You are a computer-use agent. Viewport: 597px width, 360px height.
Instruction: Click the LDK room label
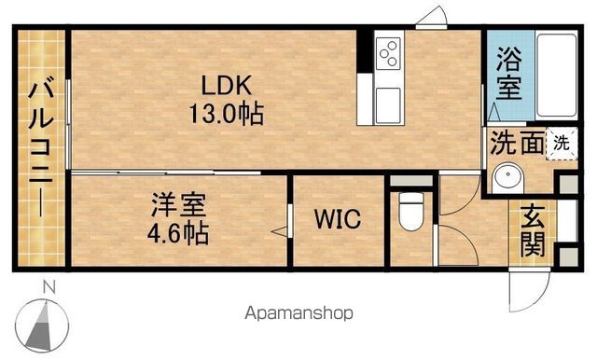coord(226,86)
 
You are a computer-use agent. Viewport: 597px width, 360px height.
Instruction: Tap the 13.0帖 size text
coord(226,113)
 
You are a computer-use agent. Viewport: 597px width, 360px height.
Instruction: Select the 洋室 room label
coord(178,205)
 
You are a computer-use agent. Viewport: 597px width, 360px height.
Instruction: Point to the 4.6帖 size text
coord(178,233)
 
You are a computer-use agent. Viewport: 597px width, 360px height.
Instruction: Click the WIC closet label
coord(338,218)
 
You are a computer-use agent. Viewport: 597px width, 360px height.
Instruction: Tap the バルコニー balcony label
coord(41,148)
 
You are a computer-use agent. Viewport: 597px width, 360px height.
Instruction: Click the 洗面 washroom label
coord(517,143)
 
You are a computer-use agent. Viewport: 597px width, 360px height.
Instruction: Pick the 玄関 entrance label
coord(533,230)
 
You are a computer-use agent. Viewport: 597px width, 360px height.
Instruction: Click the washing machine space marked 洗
coord(562,143)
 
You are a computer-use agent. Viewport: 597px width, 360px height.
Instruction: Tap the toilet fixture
coord(411,211)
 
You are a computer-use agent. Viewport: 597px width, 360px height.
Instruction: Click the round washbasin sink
coord(507,178)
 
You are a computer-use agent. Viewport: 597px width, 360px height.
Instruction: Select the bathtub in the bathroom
coord(556,76)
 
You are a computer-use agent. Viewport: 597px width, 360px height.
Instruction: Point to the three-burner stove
coord(388,53)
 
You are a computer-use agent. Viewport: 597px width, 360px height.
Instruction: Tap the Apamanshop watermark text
coord(298,313)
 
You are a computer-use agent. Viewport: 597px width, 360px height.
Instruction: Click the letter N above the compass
coord(49,287)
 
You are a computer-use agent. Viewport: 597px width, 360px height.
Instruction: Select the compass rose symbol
coord(42,325)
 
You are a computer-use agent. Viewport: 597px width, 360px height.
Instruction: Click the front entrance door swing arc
coord(537,298)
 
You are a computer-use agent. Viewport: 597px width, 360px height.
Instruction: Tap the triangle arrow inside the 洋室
coord(279,231)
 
